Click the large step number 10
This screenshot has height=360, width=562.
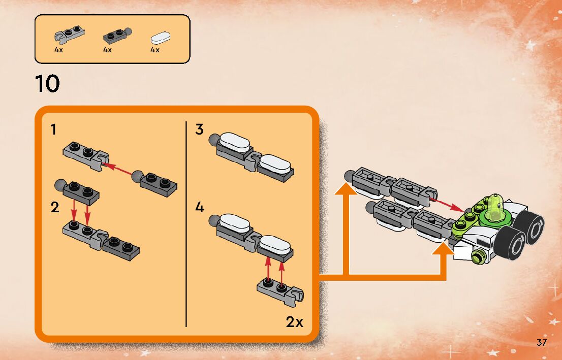pos(47,84)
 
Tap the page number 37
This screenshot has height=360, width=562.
pos(542,343)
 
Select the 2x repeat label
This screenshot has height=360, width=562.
pos(294,321)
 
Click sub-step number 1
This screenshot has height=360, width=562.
pos(53,130)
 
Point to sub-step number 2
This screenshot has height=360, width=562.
pos(55,207)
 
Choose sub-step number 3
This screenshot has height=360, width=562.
pos(200,130)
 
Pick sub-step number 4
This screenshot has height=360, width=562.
pos(200,208)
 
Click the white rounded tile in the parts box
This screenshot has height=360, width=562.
pos(161,37)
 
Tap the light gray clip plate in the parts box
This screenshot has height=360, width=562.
pos(69,34)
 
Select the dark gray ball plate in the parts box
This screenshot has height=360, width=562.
pos(116,35)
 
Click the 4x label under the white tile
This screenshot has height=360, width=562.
pos(155,50)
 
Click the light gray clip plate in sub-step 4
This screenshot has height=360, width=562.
pos(279,289)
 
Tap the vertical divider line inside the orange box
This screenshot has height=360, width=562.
pos(186,223)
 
